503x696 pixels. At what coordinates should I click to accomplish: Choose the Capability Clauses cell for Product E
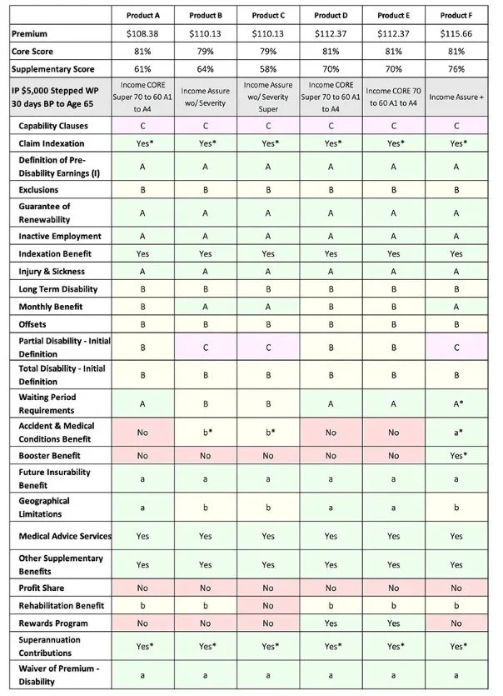(x=392, y=126)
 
